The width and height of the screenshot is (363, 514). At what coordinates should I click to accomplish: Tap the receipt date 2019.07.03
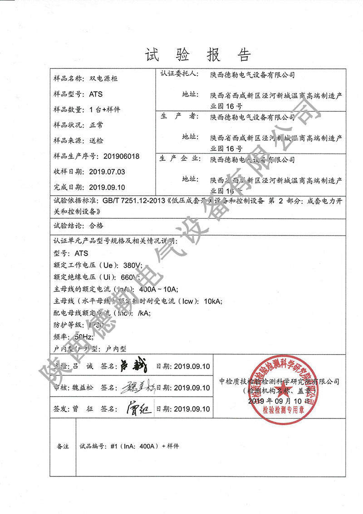107,172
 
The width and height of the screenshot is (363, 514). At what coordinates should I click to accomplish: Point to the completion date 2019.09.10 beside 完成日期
107,187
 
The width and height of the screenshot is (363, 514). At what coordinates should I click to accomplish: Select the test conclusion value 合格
98,225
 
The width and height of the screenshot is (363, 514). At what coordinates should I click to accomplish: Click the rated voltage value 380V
132,265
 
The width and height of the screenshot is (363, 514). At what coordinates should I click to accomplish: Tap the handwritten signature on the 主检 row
132,366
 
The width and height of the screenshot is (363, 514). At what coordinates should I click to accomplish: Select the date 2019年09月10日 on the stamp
279,401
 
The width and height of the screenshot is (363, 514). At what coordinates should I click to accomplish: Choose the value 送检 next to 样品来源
97,141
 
